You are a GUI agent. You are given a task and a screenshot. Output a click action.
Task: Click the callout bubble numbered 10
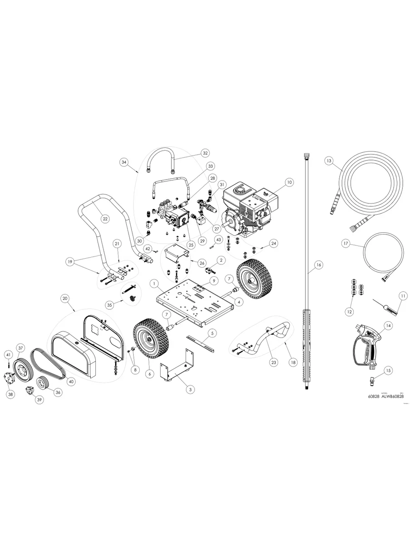289,182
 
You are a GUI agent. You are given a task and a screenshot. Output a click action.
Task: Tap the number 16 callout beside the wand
318,264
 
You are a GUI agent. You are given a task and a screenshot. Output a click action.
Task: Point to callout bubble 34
124,161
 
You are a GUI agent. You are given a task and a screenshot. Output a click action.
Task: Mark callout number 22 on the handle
105,219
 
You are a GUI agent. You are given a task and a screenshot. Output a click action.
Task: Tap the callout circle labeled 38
10,395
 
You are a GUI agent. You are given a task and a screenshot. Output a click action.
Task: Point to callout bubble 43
218,239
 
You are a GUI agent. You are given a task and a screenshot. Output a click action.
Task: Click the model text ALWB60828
392,396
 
